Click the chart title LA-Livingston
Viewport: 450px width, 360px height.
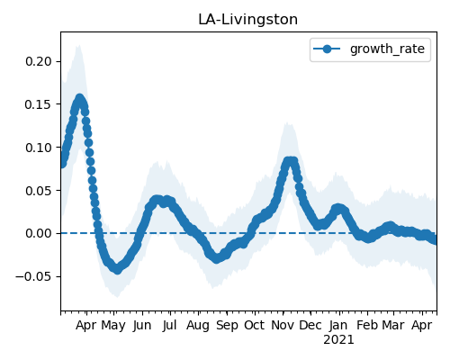pyautogui.click(x=247, y=20)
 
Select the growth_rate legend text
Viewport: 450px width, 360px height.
pyautogui.click(x=387, y=49)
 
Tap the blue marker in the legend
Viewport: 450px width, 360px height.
pyautogui.click(x=327, y=49)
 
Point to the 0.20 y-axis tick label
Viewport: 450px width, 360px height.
pyautogui.click(x=39, y=61)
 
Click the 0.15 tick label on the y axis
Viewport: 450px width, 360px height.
pyautogui.click(x=39, y=104)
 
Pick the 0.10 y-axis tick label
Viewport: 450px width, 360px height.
pyautogui.click(x=39, y=148)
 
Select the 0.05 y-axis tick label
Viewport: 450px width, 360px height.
pyautogui.click(x=39, y=191)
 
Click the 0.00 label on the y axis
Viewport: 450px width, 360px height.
pyautogui.click(x=39, y=233)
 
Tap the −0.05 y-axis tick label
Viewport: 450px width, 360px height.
pyautogui.click(x=33, y=276)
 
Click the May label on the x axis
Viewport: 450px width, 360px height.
pyautogui.click(x=113, y=326)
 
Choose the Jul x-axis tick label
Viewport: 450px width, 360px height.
pyautogui.click(x=169, y=325)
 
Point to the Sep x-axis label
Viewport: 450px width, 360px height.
pyautogui.click(x=227, y=326)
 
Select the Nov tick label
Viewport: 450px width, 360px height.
pyautogui.click(x=283, y=325)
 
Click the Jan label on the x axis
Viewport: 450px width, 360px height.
pyautogui.click(x=338, y=325)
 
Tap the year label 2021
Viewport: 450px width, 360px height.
pyautogui.click(x=338, y=340)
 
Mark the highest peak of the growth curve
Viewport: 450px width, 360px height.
pyautogui.click(x=79, y=98)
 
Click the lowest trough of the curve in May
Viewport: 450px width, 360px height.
pyautogui.click(x=117, y=269)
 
